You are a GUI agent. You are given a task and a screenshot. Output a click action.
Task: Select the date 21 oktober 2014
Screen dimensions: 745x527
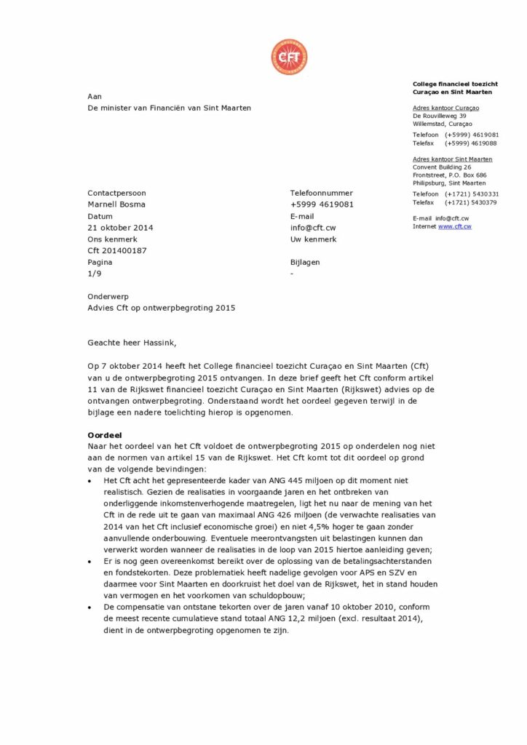click(x=120, y=228)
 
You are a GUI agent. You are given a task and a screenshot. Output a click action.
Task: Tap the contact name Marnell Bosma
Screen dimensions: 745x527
click(x=116, y=204)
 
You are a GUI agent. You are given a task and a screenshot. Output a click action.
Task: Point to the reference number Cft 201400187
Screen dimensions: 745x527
click(x=116, y=251)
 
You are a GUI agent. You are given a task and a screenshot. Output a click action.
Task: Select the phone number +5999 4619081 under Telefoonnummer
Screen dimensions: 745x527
click(x=322, y=204)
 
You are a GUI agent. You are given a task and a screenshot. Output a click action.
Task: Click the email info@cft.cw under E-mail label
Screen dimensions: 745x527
click(x=313, y=228)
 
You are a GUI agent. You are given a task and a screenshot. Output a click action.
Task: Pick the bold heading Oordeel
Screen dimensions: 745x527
click(x=103, y=434)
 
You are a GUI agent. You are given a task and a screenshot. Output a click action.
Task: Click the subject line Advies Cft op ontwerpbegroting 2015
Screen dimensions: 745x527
click(x=161, y=308)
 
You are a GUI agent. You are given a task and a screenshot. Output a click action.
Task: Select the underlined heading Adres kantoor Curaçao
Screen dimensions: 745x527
click(x=445, y=108)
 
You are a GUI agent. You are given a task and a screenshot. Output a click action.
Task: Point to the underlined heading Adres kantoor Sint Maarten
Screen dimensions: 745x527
click(x=452, y=159)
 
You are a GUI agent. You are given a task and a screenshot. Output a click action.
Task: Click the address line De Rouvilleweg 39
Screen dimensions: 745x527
click(x=440, y=116)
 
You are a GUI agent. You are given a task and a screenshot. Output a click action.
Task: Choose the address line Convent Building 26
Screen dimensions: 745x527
click(x=442, y=167)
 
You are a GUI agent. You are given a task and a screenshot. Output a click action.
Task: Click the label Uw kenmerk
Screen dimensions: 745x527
click(x=313, y=239)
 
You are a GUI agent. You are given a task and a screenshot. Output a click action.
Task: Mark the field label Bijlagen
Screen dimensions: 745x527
click(x=305, y=263)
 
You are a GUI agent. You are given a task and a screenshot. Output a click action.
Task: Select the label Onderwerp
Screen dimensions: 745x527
click(x=108, y=296)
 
